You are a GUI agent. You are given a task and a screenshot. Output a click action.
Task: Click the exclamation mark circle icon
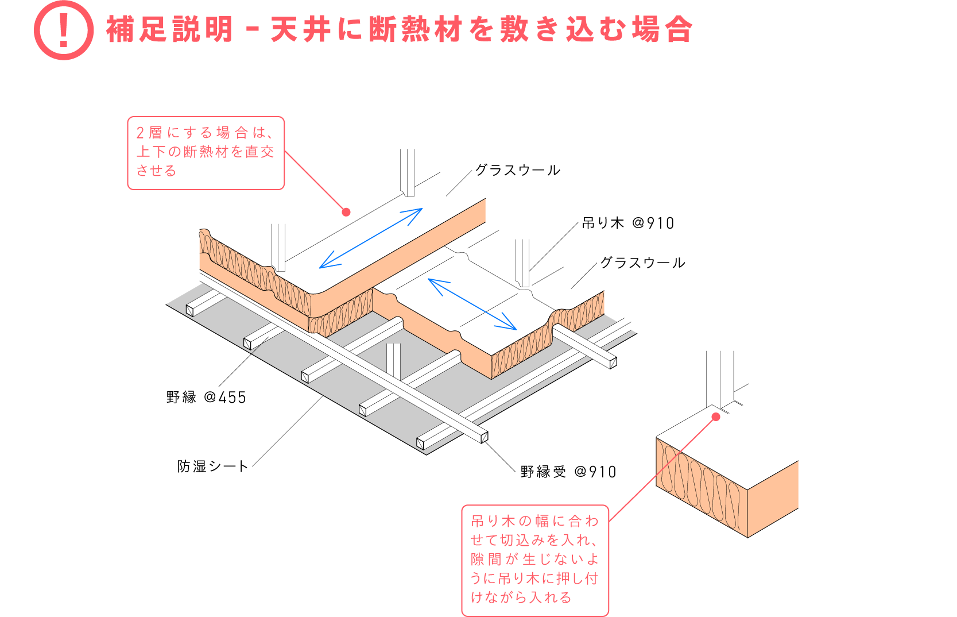[x=64, y=30]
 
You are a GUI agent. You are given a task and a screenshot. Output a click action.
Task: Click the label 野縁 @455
[x=206, y=397]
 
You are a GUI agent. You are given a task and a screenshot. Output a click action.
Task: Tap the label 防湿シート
[x=212, y=466]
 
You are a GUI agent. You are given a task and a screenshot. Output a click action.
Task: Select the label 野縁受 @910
[x=568, y=472]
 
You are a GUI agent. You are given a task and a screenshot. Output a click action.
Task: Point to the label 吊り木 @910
[x=628, y=223]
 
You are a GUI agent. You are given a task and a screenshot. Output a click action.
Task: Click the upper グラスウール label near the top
[x=517, y=170]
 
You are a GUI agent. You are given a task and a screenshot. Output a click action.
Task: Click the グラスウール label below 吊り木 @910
[x=642, y=263]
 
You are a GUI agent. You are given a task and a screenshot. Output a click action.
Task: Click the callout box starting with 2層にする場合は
[x=206, y=153]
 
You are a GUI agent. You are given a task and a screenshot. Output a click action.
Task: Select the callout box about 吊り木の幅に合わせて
[x=535, y=561]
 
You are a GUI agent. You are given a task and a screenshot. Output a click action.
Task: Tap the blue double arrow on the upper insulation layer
[x=371, y=238]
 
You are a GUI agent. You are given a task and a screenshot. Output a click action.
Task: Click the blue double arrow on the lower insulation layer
[x=472, y=304]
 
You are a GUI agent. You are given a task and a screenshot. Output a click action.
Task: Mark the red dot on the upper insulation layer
[x=347, y=212]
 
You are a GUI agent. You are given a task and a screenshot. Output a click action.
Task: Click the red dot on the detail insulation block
[x=716, y=417]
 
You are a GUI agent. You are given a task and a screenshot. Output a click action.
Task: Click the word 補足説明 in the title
[x=169, y=29]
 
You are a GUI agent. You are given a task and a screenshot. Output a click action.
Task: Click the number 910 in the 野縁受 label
[x=602, y=472]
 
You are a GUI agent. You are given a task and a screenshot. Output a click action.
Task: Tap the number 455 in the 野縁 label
[x=232, y=398]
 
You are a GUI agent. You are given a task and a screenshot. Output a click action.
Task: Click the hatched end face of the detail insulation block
[x=702, y=487]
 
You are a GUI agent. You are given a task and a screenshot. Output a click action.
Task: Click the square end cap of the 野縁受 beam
[x=485, y=437]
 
